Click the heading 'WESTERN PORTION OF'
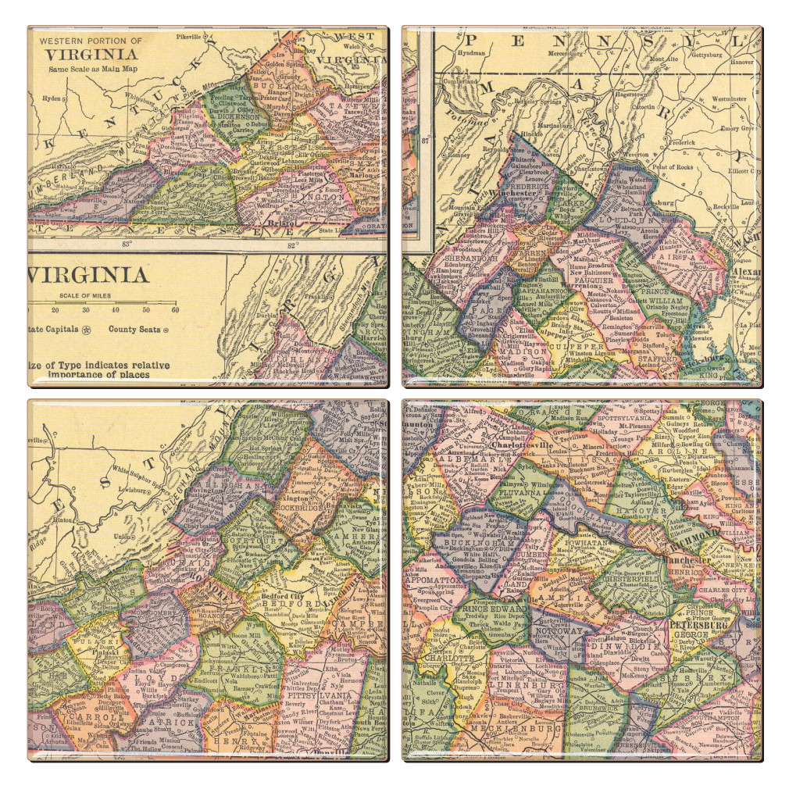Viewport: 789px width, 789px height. coord(91,41)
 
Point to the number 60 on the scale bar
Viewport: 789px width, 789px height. coord(174,310)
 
